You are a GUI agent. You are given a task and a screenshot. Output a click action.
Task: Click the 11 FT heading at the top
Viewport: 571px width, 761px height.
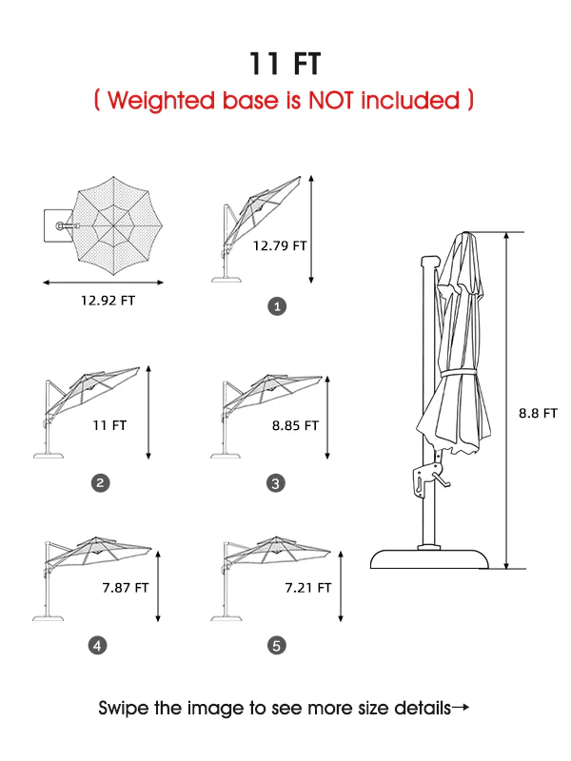point(285,64)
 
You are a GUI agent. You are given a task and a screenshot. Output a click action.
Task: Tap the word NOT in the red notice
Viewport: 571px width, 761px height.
point(331,100)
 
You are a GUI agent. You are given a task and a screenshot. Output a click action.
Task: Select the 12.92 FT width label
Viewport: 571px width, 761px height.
point(108,301)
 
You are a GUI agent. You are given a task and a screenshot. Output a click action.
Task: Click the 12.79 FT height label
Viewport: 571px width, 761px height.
point(280,245)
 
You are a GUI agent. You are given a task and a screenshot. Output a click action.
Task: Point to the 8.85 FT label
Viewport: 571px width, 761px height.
point(295,425)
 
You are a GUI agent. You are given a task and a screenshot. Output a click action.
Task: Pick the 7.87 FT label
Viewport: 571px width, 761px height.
point(126,588)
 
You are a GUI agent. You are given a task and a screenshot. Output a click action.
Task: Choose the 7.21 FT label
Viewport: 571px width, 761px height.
point(307,588)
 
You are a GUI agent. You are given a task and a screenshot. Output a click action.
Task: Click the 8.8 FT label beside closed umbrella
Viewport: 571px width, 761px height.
point(538,413)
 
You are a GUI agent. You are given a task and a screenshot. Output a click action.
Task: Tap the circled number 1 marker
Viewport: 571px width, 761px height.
point(277,306)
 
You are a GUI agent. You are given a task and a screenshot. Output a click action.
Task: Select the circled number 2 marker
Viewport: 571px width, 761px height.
point(101,483)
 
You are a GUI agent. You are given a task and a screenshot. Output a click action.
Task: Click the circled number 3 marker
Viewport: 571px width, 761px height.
point(276,483)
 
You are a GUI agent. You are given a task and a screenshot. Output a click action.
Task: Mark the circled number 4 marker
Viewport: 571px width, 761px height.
point(98,646)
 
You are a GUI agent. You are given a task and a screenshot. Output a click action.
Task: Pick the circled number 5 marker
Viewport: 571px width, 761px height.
point(277,646)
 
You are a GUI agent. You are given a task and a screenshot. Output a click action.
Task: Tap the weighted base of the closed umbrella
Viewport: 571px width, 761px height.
point(429,558)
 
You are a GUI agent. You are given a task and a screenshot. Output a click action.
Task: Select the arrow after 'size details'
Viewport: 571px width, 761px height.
point(461,708)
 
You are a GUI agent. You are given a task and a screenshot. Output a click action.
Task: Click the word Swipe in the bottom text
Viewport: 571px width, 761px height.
point(124,709)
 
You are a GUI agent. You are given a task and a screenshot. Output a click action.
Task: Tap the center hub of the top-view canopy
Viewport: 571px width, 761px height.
point(113,225)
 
